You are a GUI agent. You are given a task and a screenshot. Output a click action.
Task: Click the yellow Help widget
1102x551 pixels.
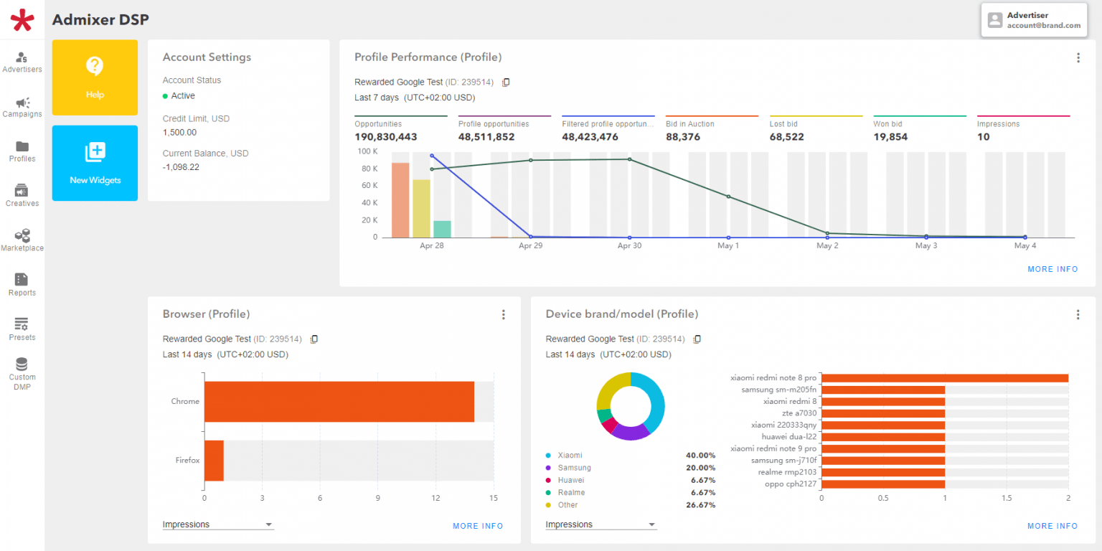[95, 77]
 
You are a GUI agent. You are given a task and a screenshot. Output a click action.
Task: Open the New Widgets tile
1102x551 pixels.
[95, 163]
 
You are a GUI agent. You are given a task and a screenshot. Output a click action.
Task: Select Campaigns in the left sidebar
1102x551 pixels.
[22, 107]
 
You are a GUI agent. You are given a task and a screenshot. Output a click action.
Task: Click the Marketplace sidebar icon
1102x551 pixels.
[22, 240]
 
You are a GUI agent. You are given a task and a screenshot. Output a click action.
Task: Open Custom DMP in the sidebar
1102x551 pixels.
[22, 373]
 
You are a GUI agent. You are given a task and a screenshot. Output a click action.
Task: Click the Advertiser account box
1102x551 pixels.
[1034, 20]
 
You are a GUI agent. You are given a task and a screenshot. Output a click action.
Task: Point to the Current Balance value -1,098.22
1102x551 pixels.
[181, 167]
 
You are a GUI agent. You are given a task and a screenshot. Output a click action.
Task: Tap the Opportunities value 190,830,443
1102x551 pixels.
[385, 137]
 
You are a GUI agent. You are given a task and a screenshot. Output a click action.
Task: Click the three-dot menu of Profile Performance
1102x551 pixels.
[1078, 58]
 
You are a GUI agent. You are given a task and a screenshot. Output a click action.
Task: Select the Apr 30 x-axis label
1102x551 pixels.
[629, 246]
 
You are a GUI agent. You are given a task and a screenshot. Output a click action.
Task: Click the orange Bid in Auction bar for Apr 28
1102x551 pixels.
[400, 200]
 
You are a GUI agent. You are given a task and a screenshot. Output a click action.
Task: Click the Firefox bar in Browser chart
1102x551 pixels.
[214, 461]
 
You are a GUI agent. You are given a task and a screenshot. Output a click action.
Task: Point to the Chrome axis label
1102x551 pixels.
[185, 401]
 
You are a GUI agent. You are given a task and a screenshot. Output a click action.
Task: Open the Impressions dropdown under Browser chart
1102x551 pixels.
[218, 524]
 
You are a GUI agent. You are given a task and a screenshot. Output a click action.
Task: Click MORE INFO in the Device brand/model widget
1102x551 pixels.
[1052, 526]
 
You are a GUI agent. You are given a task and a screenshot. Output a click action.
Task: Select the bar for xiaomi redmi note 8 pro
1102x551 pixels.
[944, 378]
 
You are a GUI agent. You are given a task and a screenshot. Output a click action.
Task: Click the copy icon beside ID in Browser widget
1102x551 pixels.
[314, 339]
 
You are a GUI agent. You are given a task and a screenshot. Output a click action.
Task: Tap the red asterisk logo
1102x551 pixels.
[22, 19]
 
